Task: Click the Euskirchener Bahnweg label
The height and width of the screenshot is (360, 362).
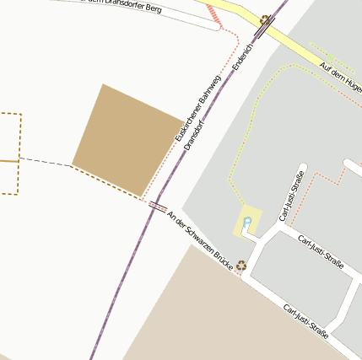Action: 198,108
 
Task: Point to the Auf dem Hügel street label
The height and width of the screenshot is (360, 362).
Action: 340,78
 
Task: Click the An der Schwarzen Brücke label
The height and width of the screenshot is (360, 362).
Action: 201,240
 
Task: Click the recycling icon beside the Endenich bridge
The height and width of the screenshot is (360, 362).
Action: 265,19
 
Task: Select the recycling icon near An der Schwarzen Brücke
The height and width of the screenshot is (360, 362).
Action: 242,265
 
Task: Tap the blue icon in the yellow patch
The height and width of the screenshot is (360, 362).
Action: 247,223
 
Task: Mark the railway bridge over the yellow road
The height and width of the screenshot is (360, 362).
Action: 262,31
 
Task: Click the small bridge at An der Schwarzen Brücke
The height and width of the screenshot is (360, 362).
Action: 158,206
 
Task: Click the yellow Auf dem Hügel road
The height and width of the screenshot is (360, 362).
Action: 295,54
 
